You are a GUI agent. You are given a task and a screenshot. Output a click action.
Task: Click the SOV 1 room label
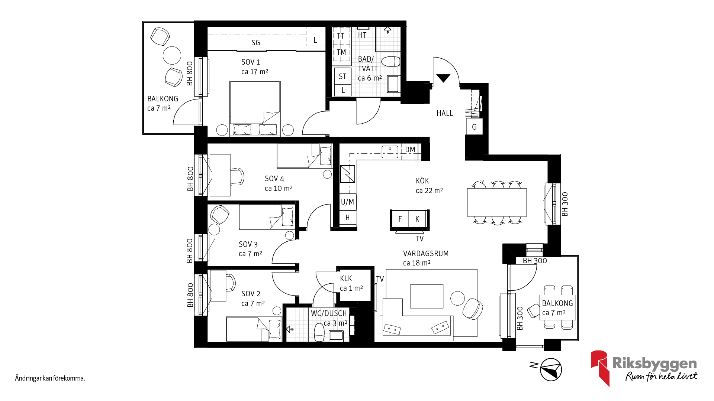point(251,62)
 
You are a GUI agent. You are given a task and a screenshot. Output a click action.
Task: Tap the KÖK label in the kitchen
point(422,181)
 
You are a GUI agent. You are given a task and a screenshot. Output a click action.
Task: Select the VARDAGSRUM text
point(426,254)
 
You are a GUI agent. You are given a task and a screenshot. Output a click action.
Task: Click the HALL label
point(445,113)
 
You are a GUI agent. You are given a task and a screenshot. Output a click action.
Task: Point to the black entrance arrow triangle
point(443,78)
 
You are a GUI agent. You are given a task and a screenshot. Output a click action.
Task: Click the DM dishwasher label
point(410,150)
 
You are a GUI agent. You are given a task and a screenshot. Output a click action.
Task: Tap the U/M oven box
point(348,202)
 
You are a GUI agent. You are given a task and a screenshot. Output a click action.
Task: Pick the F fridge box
point(400,219)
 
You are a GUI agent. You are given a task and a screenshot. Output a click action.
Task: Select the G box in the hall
point(474,127)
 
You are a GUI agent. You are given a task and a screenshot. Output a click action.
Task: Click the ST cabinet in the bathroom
point(342,76)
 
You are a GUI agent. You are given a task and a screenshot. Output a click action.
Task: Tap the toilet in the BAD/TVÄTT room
point(391,61)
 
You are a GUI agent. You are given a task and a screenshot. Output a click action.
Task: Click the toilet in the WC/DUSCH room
point(319,332)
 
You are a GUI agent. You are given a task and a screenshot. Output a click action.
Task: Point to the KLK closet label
point(346,278)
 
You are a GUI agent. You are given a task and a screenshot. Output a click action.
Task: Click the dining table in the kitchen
point(497,202)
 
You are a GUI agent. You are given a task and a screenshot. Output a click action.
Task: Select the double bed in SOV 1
point(255,108)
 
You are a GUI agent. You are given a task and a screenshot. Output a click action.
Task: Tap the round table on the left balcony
point(172,55)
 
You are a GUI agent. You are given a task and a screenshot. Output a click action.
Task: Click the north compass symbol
point(551,369)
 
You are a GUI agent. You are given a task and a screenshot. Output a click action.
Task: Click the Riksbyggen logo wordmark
point(654,363)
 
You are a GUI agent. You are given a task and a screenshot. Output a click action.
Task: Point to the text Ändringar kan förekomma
point(50,378)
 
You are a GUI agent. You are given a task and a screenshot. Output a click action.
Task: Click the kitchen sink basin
point(390,151)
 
